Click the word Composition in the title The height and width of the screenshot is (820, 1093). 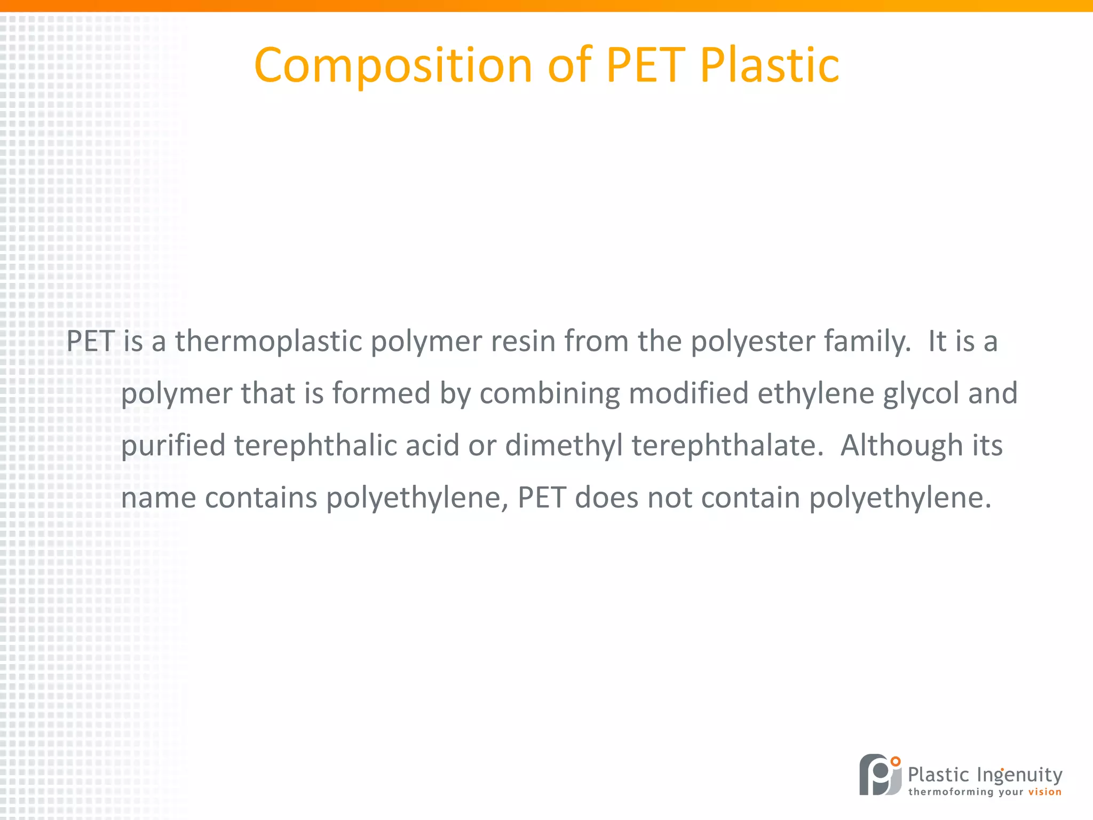(x=393, y=66)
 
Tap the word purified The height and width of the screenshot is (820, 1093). (x=173, y=446)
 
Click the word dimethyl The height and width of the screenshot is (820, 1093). (x=564, y=446)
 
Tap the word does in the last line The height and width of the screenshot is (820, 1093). (x=606, y=498)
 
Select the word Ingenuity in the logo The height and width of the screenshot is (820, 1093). (x=1019, y=775)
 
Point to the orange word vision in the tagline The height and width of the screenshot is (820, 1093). (x=1044, y=792)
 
